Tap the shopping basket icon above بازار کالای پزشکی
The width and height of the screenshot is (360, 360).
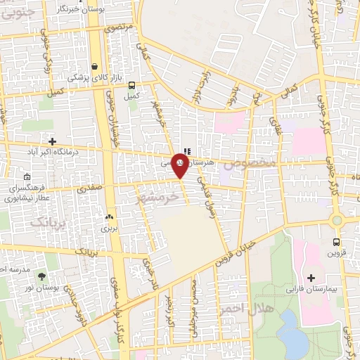tap(94, 67)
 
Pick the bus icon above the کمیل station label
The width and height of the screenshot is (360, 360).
tap(132, 86)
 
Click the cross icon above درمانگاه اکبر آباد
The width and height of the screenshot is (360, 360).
tap(51, 141)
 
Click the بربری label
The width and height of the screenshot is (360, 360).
tap(108, 227)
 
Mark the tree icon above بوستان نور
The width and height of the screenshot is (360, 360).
tap(41, 276)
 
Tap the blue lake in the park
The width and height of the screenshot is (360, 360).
tap(291, 330)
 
